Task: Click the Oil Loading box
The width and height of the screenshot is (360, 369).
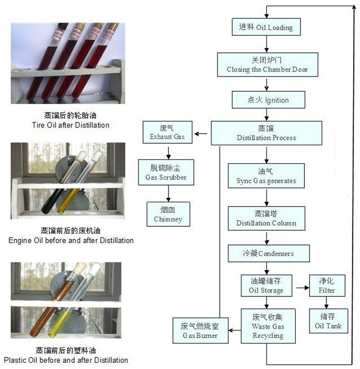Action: tap(265, 27)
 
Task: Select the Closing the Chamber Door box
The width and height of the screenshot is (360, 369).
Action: tap(267, 65)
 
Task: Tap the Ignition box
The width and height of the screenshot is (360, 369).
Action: tap(268, 100)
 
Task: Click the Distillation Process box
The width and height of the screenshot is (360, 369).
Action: tap(266, 133)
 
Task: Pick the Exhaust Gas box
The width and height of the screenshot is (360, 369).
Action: tap(167, 132)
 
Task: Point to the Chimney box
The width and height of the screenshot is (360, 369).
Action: tap(168, 214)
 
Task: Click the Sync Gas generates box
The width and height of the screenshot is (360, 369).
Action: tap(266, 176)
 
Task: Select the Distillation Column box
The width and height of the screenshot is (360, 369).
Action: tap(266, 218)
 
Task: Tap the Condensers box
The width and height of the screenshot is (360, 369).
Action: tap(268, 253)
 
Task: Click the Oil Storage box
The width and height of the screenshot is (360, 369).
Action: tap(266, 285)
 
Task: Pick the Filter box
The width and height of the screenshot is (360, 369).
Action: tap(327, 285)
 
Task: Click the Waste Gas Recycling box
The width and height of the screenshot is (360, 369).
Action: tap(268, 326)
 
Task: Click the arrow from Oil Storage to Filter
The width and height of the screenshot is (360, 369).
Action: tap(302, 288)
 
